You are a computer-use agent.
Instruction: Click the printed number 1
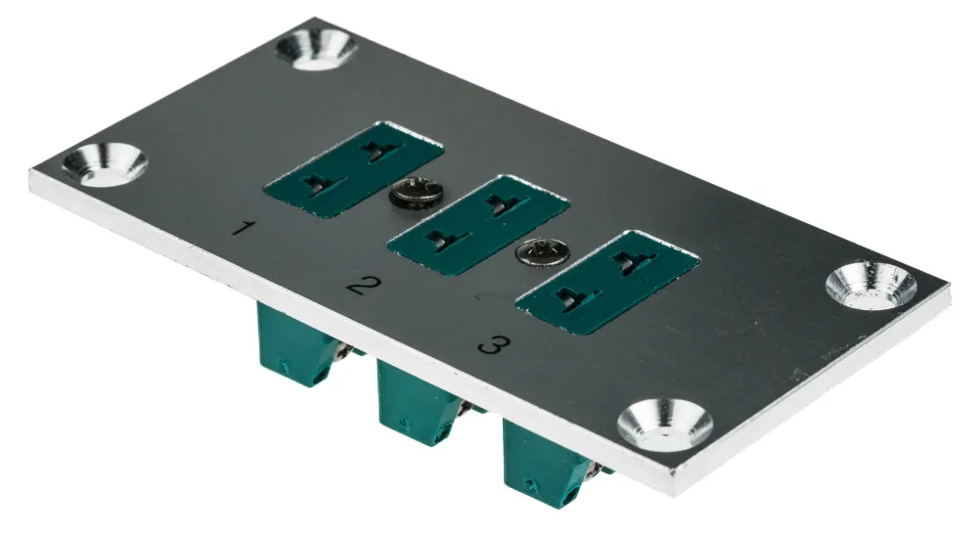[244, 228]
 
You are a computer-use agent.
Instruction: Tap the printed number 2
[364, 286]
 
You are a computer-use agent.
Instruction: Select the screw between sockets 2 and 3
[542, 251]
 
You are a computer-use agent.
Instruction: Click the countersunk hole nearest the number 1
[105, 164]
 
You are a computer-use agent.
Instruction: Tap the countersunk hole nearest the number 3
[665, 424]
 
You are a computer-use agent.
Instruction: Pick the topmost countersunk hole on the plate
[316, 49]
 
